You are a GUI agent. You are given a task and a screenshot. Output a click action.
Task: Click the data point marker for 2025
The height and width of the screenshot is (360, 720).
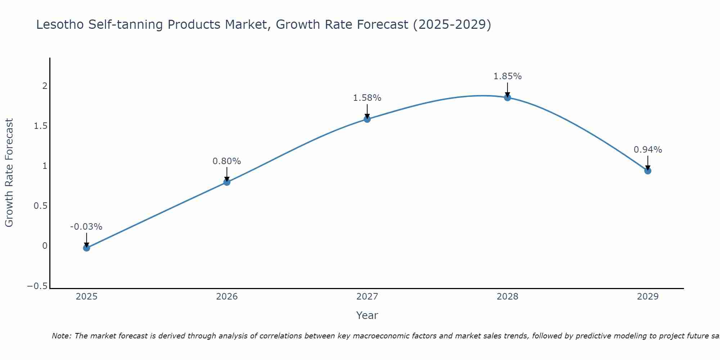click(x=86, y=248)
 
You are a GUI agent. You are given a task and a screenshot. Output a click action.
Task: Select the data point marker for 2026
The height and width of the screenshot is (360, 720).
click(x=227, y=182)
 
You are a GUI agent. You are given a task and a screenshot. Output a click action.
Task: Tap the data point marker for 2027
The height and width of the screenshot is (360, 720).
click(x=367, y=119)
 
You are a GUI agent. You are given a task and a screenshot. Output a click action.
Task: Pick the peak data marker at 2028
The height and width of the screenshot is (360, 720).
click(x=508, y=98)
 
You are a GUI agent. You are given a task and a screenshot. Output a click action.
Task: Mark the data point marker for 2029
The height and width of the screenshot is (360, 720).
click(x=648, y=171)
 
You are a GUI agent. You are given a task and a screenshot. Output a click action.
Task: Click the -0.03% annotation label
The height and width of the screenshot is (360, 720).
click(x=86, y=227)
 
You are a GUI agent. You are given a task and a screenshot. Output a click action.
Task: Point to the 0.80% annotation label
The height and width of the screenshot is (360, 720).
click(x=227, y=161)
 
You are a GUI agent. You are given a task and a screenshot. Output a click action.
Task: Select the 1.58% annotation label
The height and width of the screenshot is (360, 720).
click(x=367, y=98)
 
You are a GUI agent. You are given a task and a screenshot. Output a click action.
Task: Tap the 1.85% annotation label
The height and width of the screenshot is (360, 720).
click(x=508, y=76)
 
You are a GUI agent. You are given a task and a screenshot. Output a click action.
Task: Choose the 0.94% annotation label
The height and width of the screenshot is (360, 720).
click(x=648, y=150)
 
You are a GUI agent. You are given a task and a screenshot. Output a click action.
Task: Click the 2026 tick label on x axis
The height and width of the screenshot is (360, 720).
click(x=227, y=297)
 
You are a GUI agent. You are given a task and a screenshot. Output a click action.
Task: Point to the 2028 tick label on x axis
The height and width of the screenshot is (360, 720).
click(x=508, y=297)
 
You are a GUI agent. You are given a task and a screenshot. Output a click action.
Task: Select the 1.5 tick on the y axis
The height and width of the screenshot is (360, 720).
click(x=41, y=126)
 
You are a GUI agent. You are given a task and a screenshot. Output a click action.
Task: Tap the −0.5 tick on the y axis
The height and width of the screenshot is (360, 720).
click(x=37, y=286)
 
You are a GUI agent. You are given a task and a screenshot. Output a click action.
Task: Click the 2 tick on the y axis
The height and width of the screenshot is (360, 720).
click(x=45, y=86)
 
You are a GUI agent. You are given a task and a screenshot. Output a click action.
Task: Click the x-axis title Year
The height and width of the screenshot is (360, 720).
click(x=367, y=315)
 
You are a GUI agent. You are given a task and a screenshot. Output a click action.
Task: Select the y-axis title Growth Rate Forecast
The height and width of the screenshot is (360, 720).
click(x=9, y=172)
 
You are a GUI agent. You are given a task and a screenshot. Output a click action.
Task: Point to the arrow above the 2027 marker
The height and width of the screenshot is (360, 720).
click(x=367, y=111)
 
